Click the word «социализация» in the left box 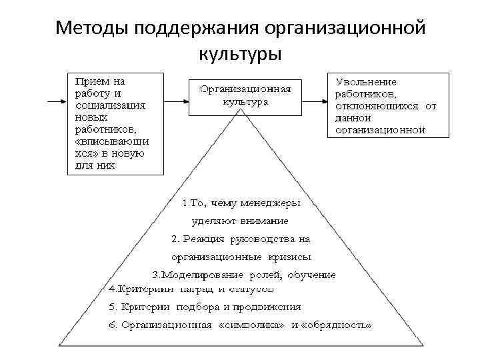pyautogui.click(x=111, y=105)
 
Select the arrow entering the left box pyautogui.click(x=57, y=102)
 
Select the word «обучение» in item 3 pyautogui.click(x=311, y=275)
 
